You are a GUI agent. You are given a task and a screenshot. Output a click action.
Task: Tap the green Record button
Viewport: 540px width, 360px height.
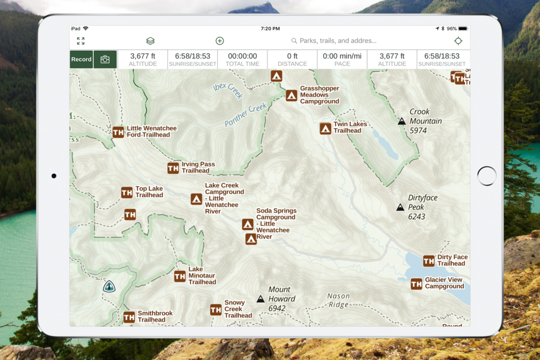(x=81, y=60)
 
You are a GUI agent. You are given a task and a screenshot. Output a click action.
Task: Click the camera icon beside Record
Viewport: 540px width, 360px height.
(x=105, y=60)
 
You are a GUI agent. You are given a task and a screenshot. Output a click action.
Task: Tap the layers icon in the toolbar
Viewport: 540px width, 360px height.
(x=150, y=41)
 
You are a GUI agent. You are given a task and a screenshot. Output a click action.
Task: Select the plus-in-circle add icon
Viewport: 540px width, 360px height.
(x=220, y=41)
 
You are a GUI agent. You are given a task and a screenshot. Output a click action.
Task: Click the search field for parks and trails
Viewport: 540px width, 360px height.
(x=337, y=41)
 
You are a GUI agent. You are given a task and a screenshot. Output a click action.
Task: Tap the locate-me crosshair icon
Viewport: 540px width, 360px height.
(x=458, y=41)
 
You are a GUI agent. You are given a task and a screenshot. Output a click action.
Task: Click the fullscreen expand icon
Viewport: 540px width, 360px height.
(x=81, y=41)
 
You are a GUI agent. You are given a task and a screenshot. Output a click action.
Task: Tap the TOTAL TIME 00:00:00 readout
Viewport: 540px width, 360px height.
(x=243, y=60)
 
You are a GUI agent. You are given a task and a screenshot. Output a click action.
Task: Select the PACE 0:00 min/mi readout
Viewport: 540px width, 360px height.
(x=342, y=60)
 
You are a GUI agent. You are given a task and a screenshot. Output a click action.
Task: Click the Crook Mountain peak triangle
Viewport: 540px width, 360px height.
(x=401, y=121)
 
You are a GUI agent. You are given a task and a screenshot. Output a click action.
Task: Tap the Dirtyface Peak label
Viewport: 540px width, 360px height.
(x=422, y=207)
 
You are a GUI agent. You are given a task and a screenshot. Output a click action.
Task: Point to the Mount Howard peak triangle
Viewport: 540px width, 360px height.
(x=261, y=299)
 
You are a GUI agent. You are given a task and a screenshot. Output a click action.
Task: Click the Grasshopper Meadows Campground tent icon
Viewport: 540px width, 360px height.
(x=292, y=95)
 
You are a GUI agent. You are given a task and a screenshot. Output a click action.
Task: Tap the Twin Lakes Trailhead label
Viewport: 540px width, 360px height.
(x=350, y=128)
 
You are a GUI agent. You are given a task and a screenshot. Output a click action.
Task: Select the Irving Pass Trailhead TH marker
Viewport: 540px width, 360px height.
(x=173, y=168)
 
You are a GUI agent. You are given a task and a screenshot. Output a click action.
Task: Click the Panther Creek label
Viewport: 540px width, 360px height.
(x=246, y=114)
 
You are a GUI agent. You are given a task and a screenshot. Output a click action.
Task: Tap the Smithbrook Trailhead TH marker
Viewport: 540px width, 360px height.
(x=129, y=317)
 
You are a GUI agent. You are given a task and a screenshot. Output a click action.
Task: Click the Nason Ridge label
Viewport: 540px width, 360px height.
(x=338, y=300)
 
